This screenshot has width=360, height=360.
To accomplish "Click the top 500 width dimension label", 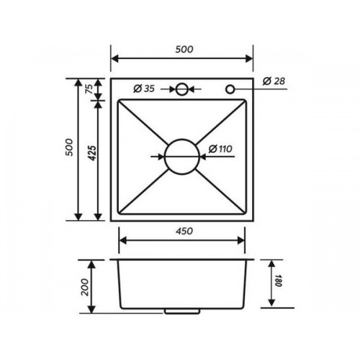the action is click(184, 49).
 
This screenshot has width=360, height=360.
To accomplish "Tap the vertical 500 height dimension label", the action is click(69, 148).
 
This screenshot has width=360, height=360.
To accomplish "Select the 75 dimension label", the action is click(89, 89).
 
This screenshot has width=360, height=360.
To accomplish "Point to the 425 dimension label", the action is click(91, 153).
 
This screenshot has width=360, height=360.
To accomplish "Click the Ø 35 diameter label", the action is click(144, 89).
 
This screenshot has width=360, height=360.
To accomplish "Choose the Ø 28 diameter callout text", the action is click(274, 81).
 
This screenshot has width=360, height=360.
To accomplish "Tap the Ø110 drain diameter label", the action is click(220, 149).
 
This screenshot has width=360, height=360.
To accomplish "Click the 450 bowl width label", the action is click(184, 231).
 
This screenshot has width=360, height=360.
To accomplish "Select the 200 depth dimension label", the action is click(85, 287).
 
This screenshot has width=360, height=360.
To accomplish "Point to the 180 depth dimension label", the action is click(278, 280).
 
